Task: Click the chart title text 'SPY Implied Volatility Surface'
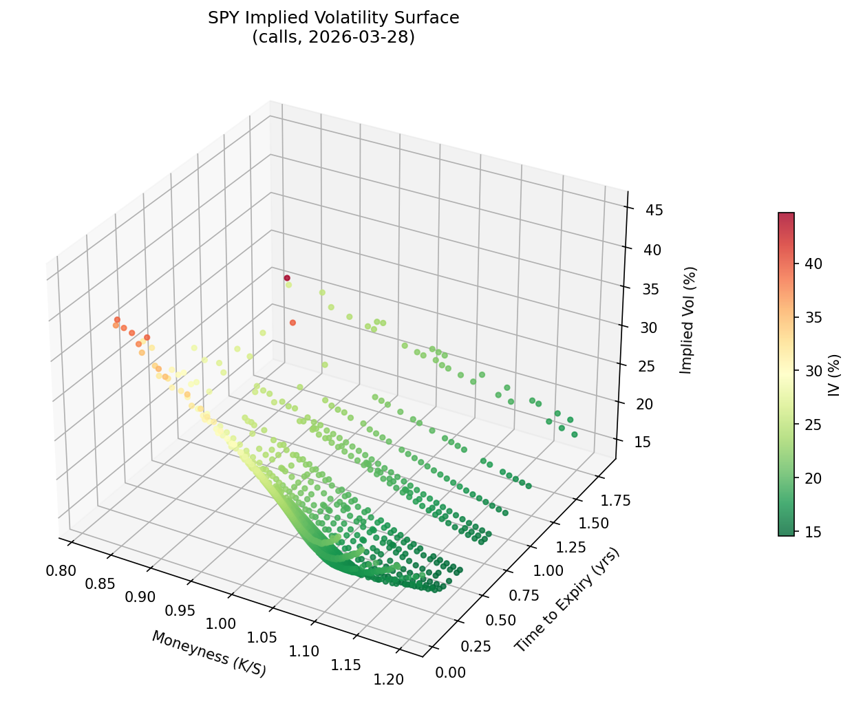point(333,18)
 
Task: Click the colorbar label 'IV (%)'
point(834,375)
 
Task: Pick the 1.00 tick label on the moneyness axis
point(221,624)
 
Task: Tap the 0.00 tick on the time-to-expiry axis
point(451,672)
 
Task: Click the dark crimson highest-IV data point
point(287,278)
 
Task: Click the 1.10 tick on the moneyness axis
point(303,652)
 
